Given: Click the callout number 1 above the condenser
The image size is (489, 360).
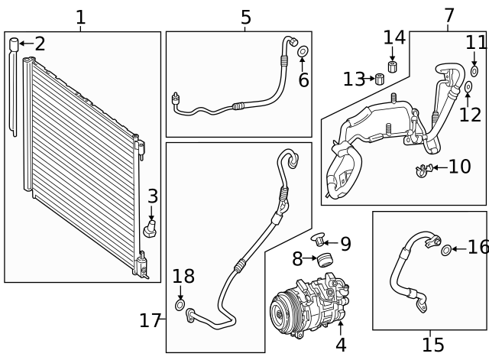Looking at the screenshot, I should [x=80, y=17].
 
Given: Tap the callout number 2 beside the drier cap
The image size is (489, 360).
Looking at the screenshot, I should [x=40, y=44].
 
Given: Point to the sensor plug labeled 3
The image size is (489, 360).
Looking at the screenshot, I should [x=151, y=229].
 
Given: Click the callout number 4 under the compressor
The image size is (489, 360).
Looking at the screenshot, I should [x=341, y=345].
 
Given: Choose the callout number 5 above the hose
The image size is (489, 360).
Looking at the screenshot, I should [x=245, y=17].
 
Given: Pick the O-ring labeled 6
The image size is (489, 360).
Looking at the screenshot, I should [x=303, y=52].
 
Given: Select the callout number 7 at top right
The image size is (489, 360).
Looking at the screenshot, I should [x=449, y=15].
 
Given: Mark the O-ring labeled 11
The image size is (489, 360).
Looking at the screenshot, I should [x=474, y=71].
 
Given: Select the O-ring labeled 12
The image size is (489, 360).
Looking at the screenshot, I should [x=467, y=89].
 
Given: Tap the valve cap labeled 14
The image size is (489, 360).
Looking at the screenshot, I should [x=393, y=66].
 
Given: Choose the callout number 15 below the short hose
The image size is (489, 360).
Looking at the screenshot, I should [x=432, y=345].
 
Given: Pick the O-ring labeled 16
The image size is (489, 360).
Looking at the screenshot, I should [x=447, y=249].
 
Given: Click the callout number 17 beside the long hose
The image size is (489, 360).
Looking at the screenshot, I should [x=150, y=320].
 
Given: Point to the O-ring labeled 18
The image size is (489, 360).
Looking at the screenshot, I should [x=180, y=307].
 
